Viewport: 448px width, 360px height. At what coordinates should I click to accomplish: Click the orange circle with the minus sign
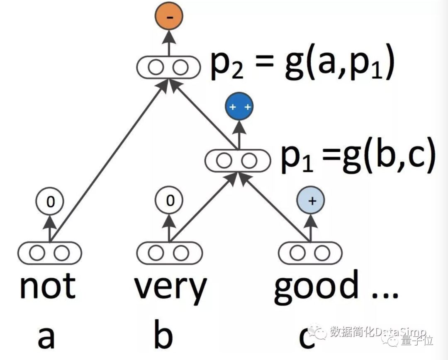(x=169, y=17)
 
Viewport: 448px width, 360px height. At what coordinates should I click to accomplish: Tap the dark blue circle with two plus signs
(x=239, y=107)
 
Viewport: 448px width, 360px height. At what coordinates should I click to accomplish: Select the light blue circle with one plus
(x=310, y=201)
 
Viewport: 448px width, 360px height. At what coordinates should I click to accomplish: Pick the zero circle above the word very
(x=169, y=201)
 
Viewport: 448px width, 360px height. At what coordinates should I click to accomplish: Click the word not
(x=48, y=286)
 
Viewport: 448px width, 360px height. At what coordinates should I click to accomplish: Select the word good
(x=316, y=286)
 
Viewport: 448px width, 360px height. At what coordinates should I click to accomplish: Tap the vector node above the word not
(x=50, y=253)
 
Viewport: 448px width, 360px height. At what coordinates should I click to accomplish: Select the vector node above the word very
(x=169, y=253)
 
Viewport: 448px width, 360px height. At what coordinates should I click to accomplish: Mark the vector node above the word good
(x=310, y=253)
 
